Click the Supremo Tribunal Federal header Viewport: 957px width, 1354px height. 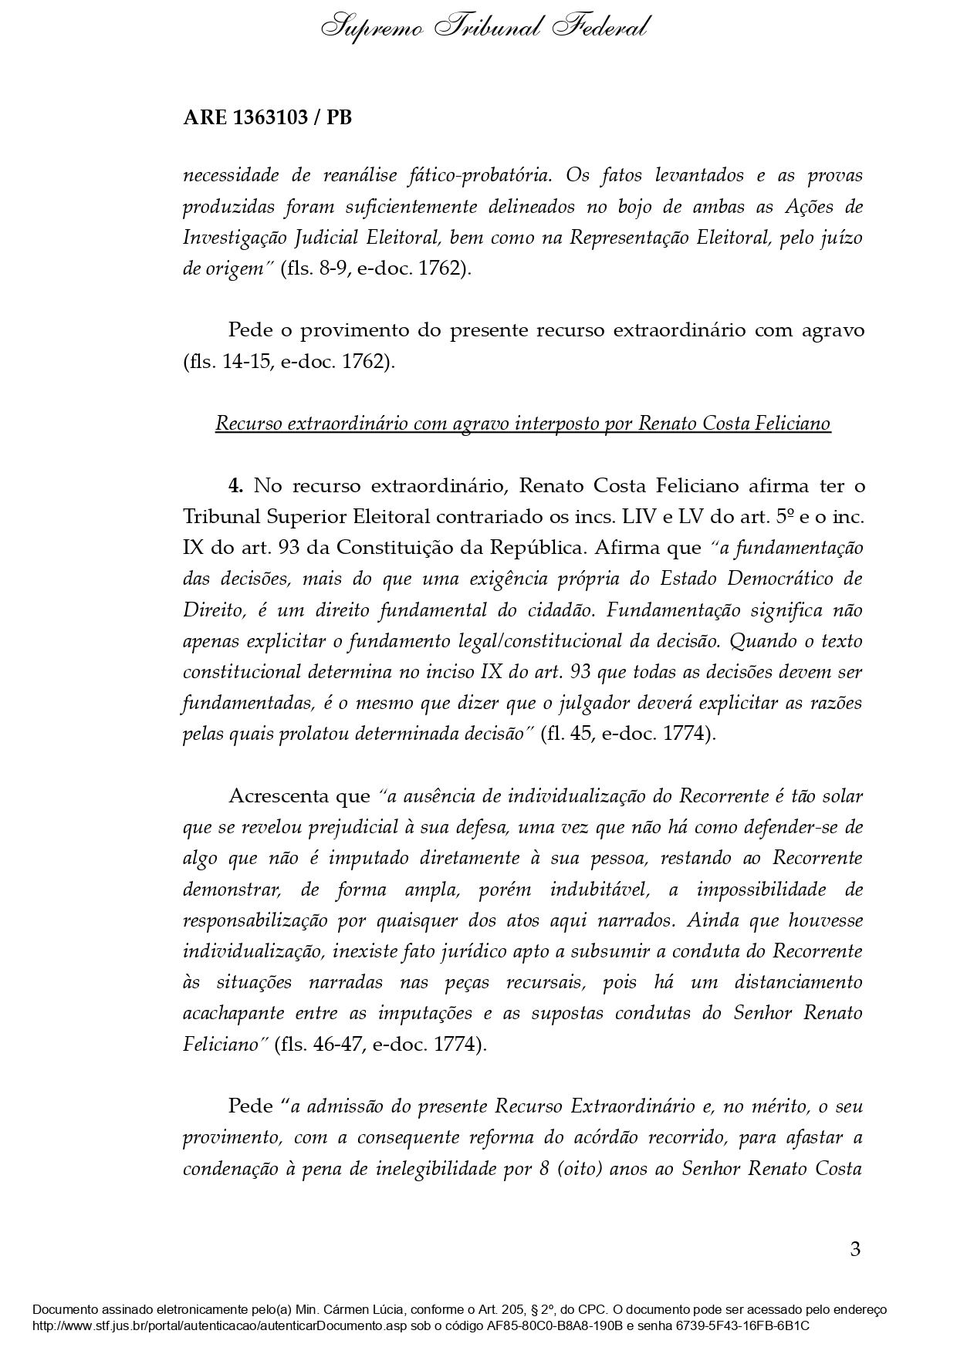pos(485,28)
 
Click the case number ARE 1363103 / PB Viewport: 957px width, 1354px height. pos(267,118)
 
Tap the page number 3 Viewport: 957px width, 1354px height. pos(854,1249)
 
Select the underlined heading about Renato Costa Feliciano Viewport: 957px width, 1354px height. pos(522,424)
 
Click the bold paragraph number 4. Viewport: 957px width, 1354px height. pos(235,486)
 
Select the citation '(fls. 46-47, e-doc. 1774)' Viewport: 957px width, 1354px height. pos(380,1045)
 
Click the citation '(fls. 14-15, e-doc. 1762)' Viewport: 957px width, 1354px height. pos(289,362)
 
